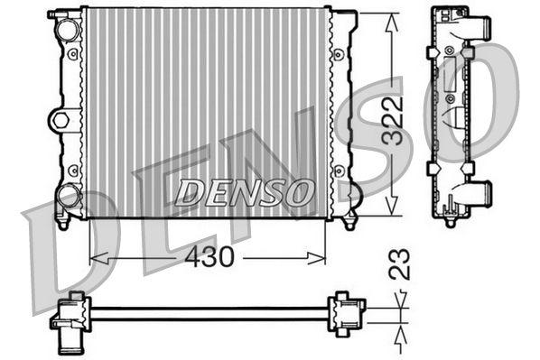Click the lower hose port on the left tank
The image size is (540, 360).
68,194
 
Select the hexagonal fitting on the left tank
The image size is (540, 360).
60,119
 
